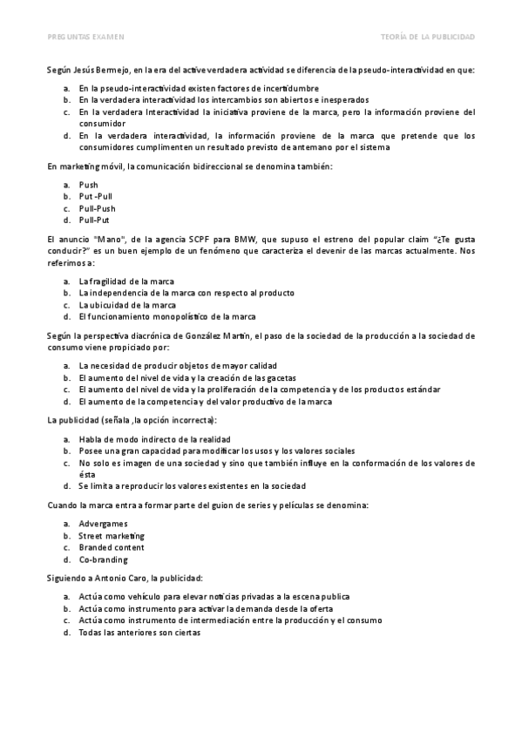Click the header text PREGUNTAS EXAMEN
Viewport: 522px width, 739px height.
85,37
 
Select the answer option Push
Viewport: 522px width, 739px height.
88,185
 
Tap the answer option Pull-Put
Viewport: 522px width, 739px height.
94,220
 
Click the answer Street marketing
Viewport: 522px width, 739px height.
112,535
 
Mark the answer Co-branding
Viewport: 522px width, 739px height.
103,559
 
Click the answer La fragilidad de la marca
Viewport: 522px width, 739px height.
125,281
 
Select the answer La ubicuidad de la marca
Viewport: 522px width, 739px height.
127,304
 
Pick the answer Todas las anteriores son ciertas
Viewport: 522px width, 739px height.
139,633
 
